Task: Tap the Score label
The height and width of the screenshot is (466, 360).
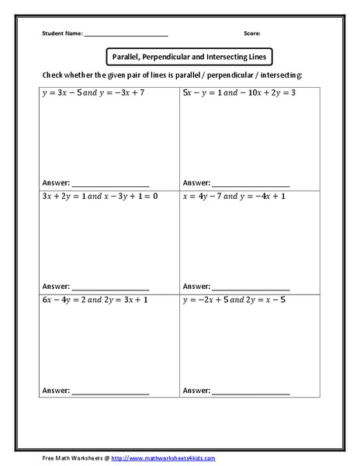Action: pos(252,34)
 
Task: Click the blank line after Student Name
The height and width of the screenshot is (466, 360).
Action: pos(126,36)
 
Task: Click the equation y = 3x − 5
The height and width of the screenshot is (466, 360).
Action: pos(64,92)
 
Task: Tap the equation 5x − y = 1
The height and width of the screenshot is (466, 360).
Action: pos(204,92)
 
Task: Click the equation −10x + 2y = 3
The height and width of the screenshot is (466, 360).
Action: pos(269,92)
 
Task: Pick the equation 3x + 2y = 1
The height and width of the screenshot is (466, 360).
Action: pos(64,196)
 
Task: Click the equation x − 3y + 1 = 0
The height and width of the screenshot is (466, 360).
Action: pos(131,196)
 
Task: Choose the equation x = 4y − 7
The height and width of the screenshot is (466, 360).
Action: pos(206,196)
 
